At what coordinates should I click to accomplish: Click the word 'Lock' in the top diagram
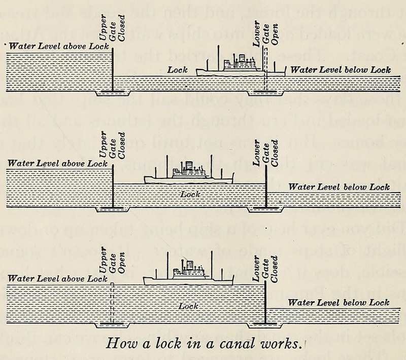(x=178, y=70)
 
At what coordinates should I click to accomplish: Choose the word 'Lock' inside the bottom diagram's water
(x=188, y=307)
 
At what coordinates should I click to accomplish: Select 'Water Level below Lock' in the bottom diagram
(x=339, y=303)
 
